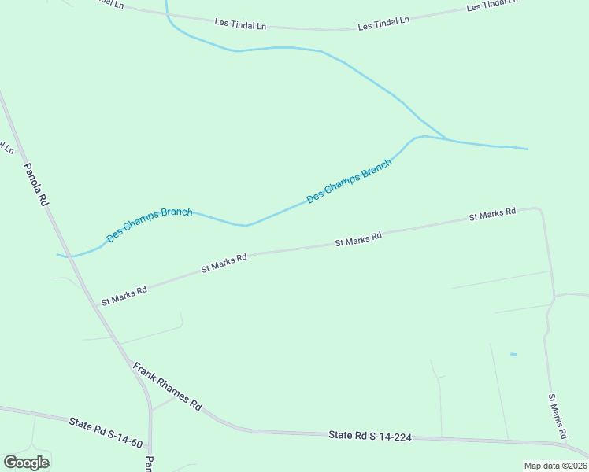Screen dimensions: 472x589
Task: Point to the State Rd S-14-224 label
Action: (x=370, y=436)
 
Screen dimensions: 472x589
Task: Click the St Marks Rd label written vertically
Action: (x=558, y=416)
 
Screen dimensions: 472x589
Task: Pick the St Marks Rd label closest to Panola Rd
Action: (x=124, y=296)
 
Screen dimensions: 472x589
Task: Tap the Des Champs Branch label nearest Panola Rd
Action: (x=150, y=223)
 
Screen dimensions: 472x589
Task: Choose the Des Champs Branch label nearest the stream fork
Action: (x=349, y=182)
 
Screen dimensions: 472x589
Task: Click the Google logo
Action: (x=27, y=463)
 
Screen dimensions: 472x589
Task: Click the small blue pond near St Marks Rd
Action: (x=513, y=355)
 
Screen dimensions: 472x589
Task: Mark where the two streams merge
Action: (x=446, y=139)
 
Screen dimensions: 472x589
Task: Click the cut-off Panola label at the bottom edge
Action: (x=148, y=464)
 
